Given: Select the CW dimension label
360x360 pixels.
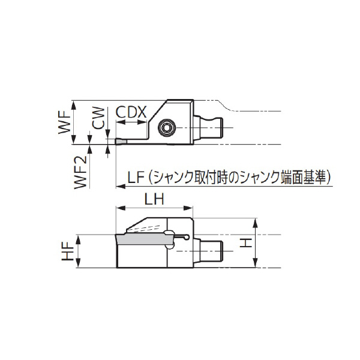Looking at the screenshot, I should point(100,119).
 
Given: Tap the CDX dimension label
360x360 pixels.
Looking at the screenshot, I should point(131,112).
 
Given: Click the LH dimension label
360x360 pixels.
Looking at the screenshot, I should point(154,199).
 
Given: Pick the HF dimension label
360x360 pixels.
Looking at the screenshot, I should point(68,251).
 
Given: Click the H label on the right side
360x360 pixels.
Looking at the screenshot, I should point(245,242).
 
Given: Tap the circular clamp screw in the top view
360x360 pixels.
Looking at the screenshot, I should point(166,128).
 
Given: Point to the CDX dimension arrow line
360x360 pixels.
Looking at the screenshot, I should point(131,122).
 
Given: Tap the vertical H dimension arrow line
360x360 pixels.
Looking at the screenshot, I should point(256,242).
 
